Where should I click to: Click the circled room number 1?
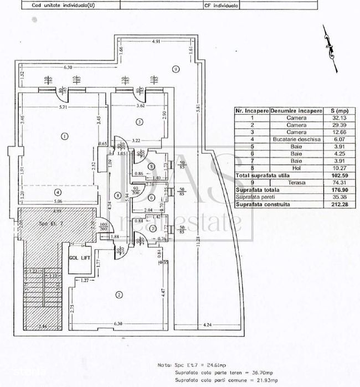pos(65,136)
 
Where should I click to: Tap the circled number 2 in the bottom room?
pos(119,294)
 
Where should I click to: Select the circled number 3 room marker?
pos(140,122)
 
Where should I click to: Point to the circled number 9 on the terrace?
pos(175,69)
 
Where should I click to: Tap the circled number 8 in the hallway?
pos(117,195)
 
